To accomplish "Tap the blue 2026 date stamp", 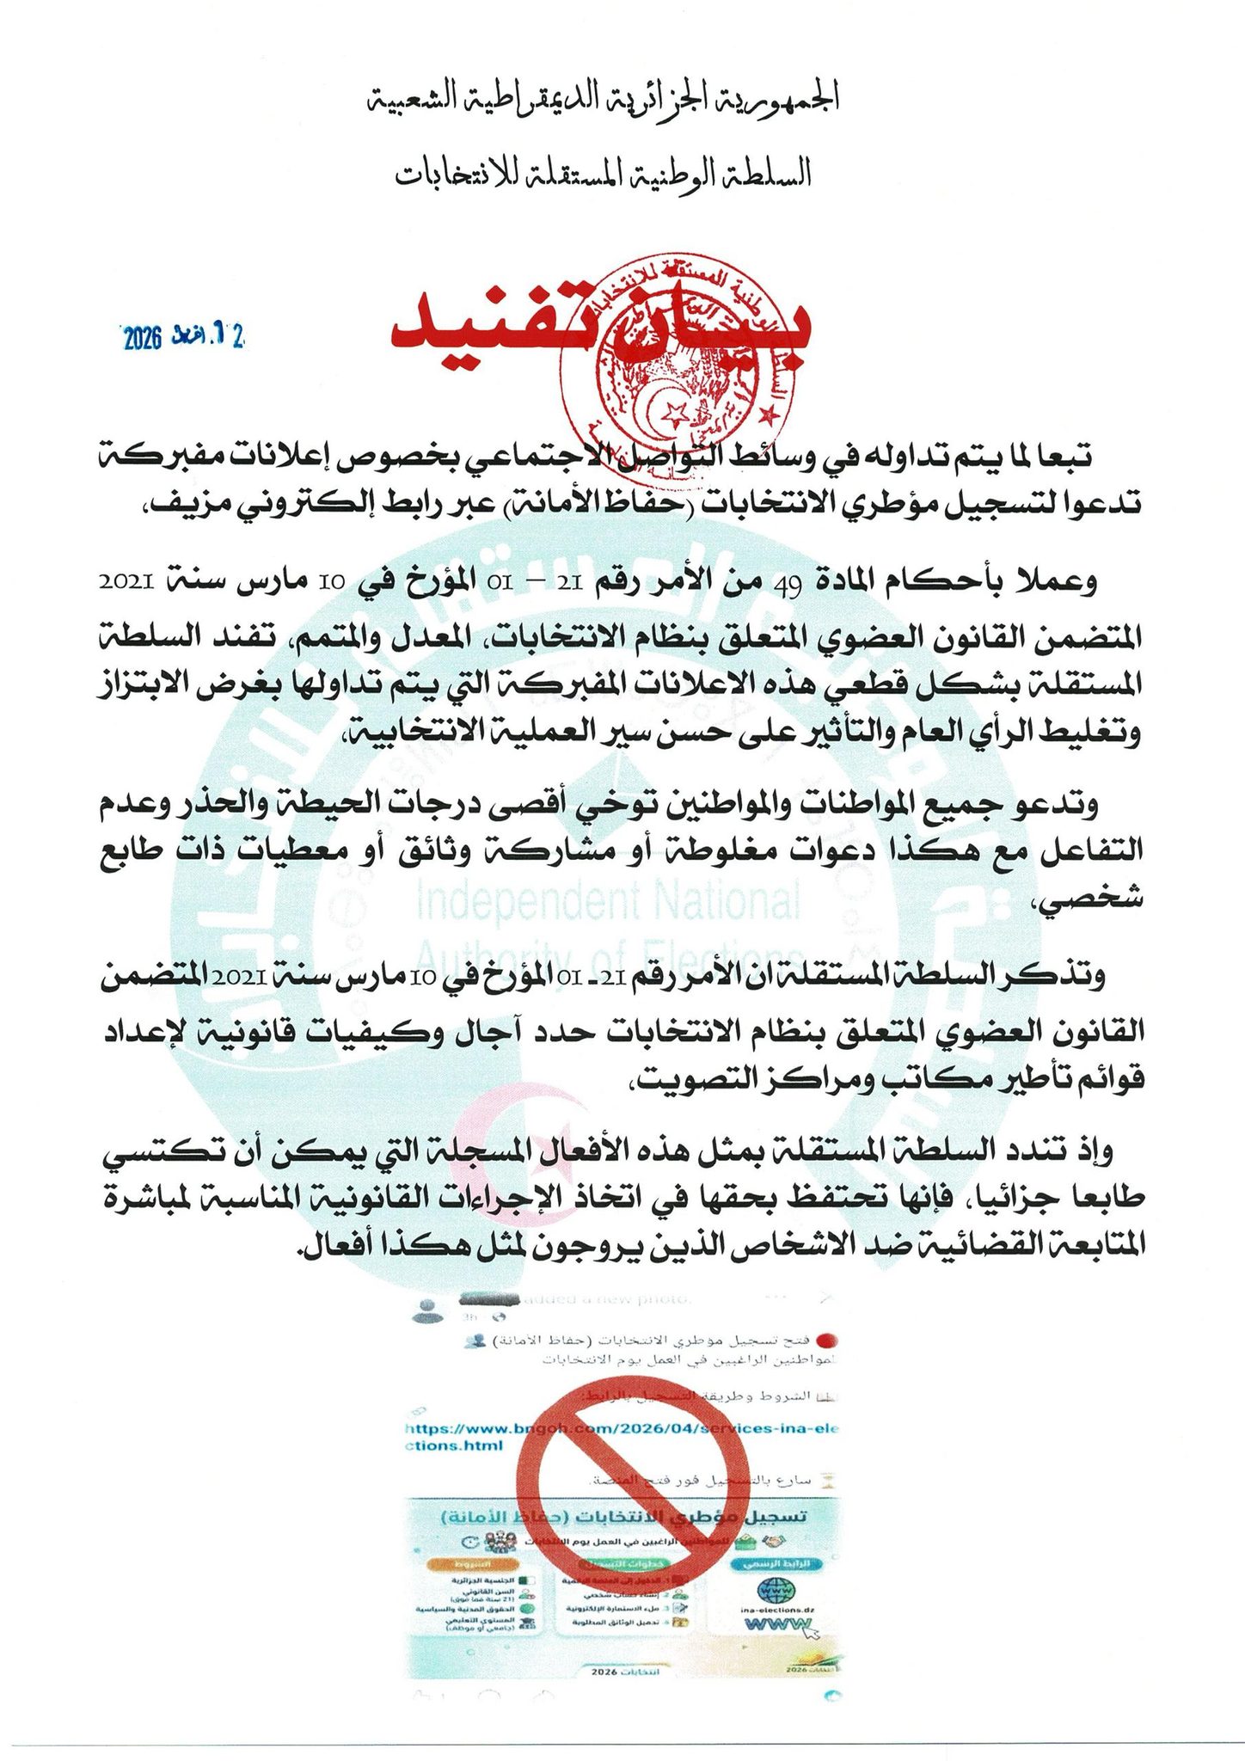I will pyautogui.click(x=183, y=336).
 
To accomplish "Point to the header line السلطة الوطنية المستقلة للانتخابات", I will pyautogui.click(x=603, y=175).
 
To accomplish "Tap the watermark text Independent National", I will pyautogui.click(x=608, y=901).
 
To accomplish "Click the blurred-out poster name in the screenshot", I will pyautogui.click(x=490, y=1299).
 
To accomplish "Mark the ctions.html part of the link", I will pyautogui.click(x=456, y=1445).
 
